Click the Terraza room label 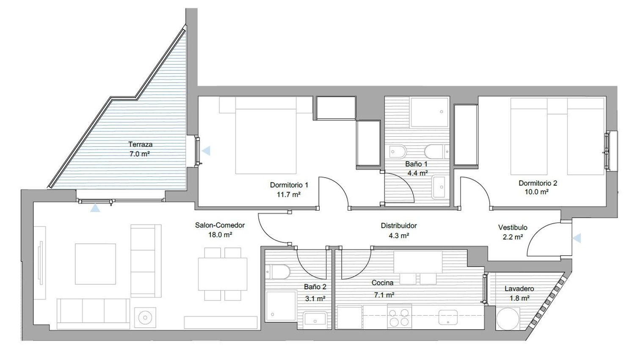pos(140,144)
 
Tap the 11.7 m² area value pos(289,195)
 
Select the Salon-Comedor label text pos(220,225)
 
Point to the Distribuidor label pos(399,226)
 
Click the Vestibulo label pos(513,228)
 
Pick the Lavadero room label pos(519,289)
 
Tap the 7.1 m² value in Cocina pos(384,295)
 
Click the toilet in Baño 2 pos(278,272)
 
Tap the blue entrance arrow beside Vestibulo pos(577,238)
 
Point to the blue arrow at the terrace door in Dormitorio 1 pos(206,151)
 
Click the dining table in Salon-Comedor pos(223,274)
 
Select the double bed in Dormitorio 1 pos(266,135)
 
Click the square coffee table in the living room pos(95,264)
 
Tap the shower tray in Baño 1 pos(430,113)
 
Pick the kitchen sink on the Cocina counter pos(448,317)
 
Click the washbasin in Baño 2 pos(315,319)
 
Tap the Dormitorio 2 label pos(538,183)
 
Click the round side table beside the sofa pos(145,318)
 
